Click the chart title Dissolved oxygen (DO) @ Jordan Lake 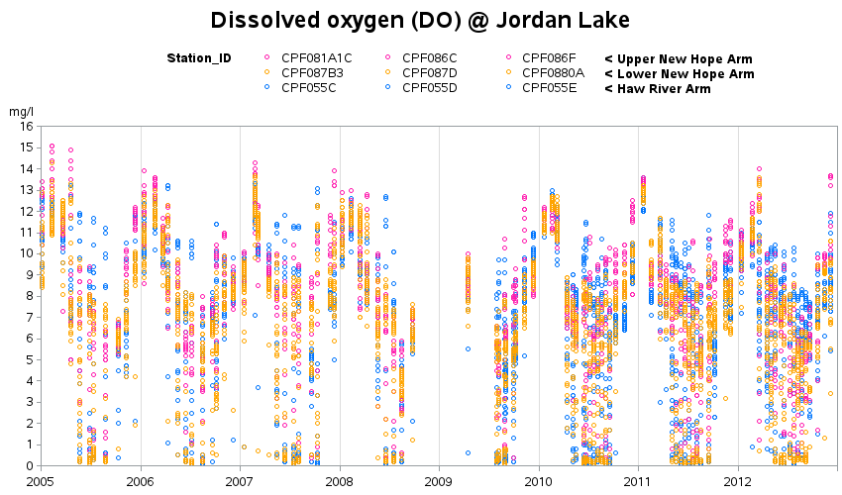click(x=420, y=20)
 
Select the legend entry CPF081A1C click(x=316, y=58)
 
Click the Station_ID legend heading click(x=199, y=58)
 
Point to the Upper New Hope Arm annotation click(x=679, y=58)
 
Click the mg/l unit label click(x=21, y=112)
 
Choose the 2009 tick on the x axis click(x=439, y=480)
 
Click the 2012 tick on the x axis click(x=738, y=480)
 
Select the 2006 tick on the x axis click(x=141, y=480)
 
